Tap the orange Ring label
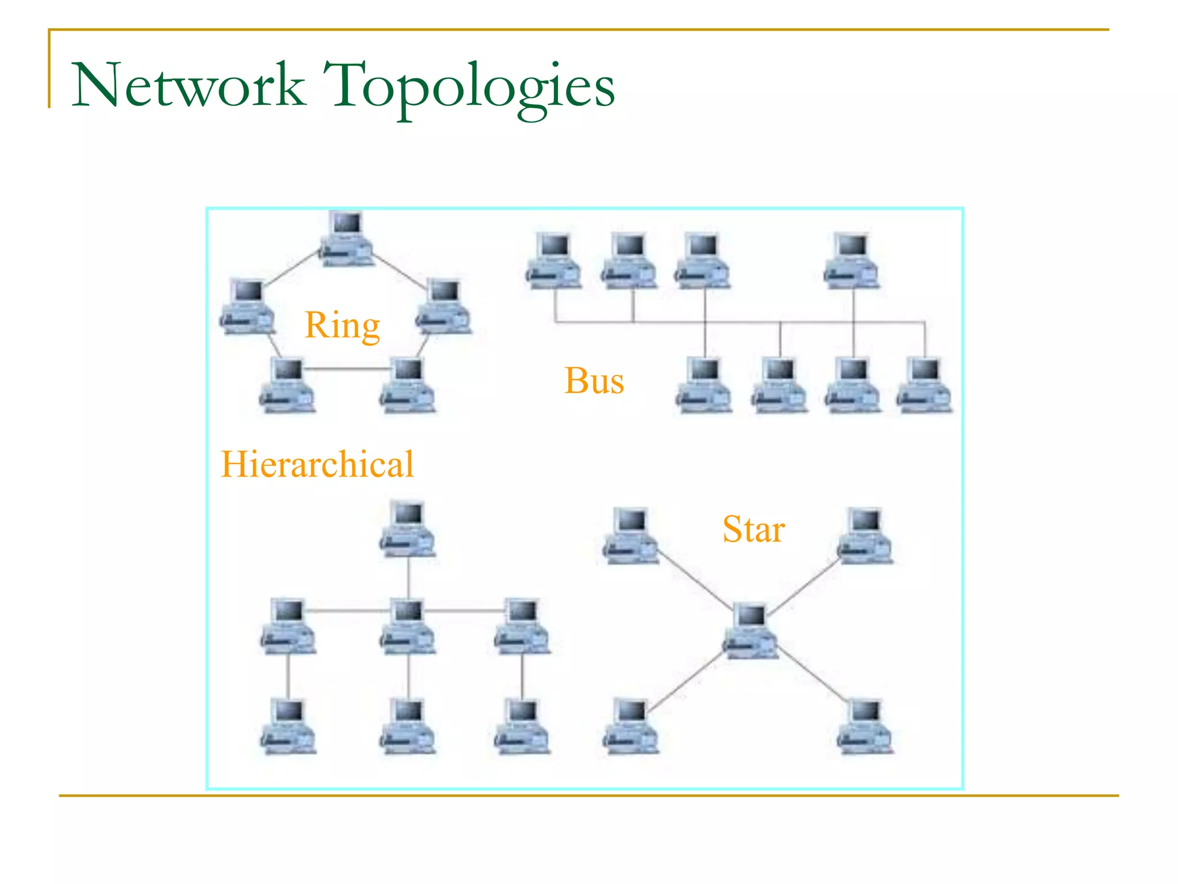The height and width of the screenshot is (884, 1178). click(x=342, y=326)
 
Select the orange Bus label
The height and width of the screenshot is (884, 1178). click(x=594, y=381)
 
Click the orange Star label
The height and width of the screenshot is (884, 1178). click(x=753, y=529)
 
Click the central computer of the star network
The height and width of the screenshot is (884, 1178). click(x=750, y=630)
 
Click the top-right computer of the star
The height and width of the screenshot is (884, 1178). click(x=865, y=535)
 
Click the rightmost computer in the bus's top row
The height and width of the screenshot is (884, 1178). click(x=851, y=260)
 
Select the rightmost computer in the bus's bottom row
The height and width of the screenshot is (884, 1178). click(x=924, y=384)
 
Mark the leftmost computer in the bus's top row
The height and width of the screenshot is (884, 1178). click(x=554, y=260)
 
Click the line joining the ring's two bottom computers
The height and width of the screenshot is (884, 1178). click(x=347, y=368)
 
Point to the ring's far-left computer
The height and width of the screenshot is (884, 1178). click(x=247, y=306)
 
